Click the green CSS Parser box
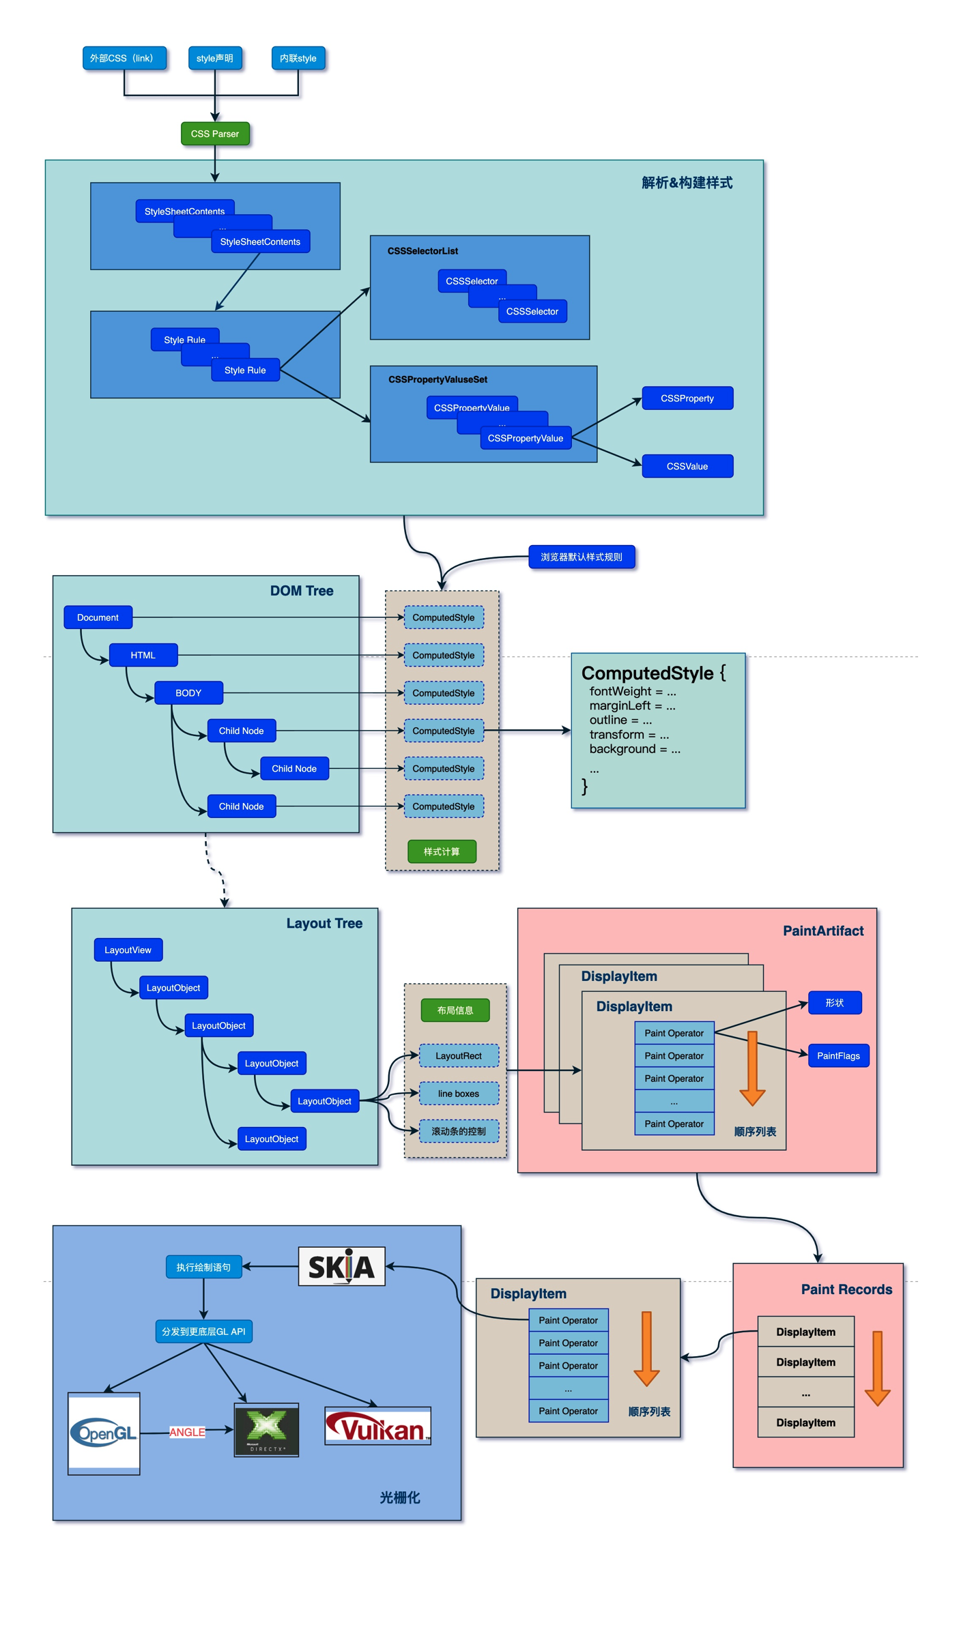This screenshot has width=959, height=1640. coord(215,134)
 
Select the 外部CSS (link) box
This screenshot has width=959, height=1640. coord(124,58)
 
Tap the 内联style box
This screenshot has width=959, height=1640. coord(298,58)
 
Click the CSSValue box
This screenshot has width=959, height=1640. coord(687,466)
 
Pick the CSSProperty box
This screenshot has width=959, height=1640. coord(687,398)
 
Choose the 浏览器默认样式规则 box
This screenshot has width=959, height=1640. coord(582,557)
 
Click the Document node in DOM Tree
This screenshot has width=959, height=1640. coord(98,617)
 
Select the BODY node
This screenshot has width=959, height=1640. coord(188,693)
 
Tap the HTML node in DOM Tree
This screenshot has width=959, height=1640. coord(143,655)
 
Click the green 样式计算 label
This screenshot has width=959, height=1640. coord(442,851)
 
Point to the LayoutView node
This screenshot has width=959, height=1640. coord(128,950)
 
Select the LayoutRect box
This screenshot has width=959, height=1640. coord(459,1055)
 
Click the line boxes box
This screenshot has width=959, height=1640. coord(459,1094)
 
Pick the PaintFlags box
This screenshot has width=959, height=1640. coord(838,1055)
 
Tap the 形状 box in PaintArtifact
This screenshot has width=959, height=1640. coord(834,1003)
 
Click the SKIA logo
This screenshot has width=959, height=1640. coord(341,1267)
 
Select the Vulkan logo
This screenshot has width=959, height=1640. coord(377,1426)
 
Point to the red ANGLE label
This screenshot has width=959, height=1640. coord(187,1432)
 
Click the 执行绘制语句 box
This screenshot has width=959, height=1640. coord(203,1267)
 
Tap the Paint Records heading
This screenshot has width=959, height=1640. coord(846,1289)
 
